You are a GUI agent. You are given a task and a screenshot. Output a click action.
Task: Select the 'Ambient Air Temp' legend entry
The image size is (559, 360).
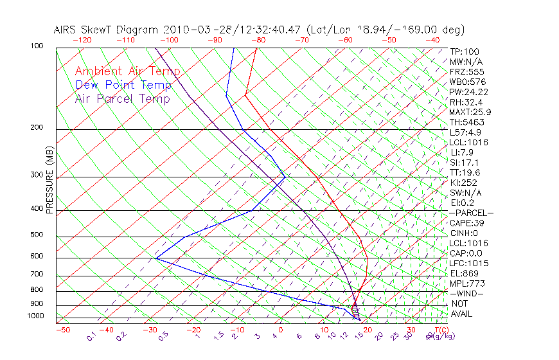point(127,71)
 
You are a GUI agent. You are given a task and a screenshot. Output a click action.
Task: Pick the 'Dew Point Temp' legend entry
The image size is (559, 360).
point(123,85)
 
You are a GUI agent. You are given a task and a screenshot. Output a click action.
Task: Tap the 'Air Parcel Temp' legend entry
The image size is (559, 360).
point(122,98)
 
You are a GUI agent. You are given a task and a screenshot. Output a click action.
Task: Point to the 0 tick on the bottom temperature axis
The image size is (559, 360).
point(279,330)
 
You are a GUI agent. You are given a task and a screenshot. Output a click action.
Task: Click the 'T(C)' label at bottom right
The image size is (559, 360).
point(439,330)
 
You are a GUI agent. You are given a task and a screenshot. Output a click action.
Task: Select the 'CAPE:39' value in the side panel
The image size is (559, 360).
point(466,223)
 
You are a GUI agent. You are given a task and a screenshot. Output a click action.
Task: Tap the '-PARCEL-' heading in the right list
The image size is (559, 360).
point(472,213)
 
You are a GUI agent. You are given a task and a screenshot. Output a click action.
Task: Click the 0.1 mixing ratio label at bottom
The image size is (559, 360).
point(91,336)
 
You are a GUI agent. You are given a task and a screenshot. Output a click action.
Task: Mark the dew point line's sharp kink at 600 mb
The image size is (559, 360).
point(155,258)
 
